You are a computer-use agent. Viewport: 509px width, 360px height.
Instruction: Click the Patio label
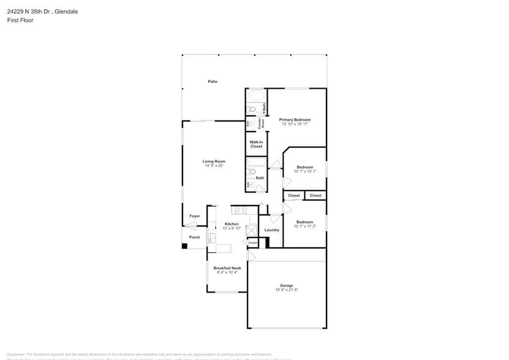[213, 81]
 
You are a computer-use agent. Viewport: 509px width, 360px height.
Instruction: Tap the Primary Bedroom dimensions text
[295, 124]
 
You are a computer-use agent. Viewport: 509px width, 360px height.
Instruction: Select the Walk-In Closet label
[256, 144]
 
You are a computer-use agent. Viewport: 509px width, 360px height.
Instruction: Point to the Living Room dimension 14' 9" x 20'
[214, 166]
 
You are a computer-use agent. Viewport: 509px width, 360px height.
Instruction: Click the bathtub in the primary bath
[256, 96]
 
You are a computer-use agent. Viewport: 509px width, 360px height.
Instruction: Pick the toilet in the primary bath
[251, 110]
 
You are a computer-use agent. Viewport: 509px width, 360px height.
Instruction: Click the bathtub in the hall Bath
[256, 163]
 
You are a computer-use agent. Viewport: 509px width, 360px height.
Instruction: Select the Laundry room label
[271, 230]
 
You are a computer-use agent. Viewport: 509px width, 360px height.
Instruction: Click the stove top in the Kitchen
[238, 211]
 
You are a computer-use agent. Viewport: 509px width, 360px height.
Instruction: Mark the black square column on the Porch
[184, 246]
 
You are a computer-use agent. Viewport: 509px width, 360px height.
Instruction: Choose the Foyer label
[194, 216]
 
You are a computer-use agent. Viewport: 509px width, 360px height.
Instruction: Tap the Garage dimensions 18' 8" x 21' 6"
[287, 290]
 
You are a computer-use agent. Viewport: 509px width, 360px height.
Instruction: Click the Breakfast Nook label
[227, 268]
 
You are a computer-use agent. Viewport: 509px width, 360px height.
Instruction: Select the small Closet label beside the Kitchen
[253, 243]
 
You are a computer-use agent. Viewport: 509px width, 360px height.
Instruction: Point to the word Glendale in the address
[67, 11]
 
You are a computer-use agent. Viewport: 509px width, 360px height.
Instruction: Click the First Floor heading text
[20, 20]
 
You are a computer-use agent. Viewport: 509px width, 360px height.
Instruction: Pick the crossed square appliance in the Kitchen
[251, 230]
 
